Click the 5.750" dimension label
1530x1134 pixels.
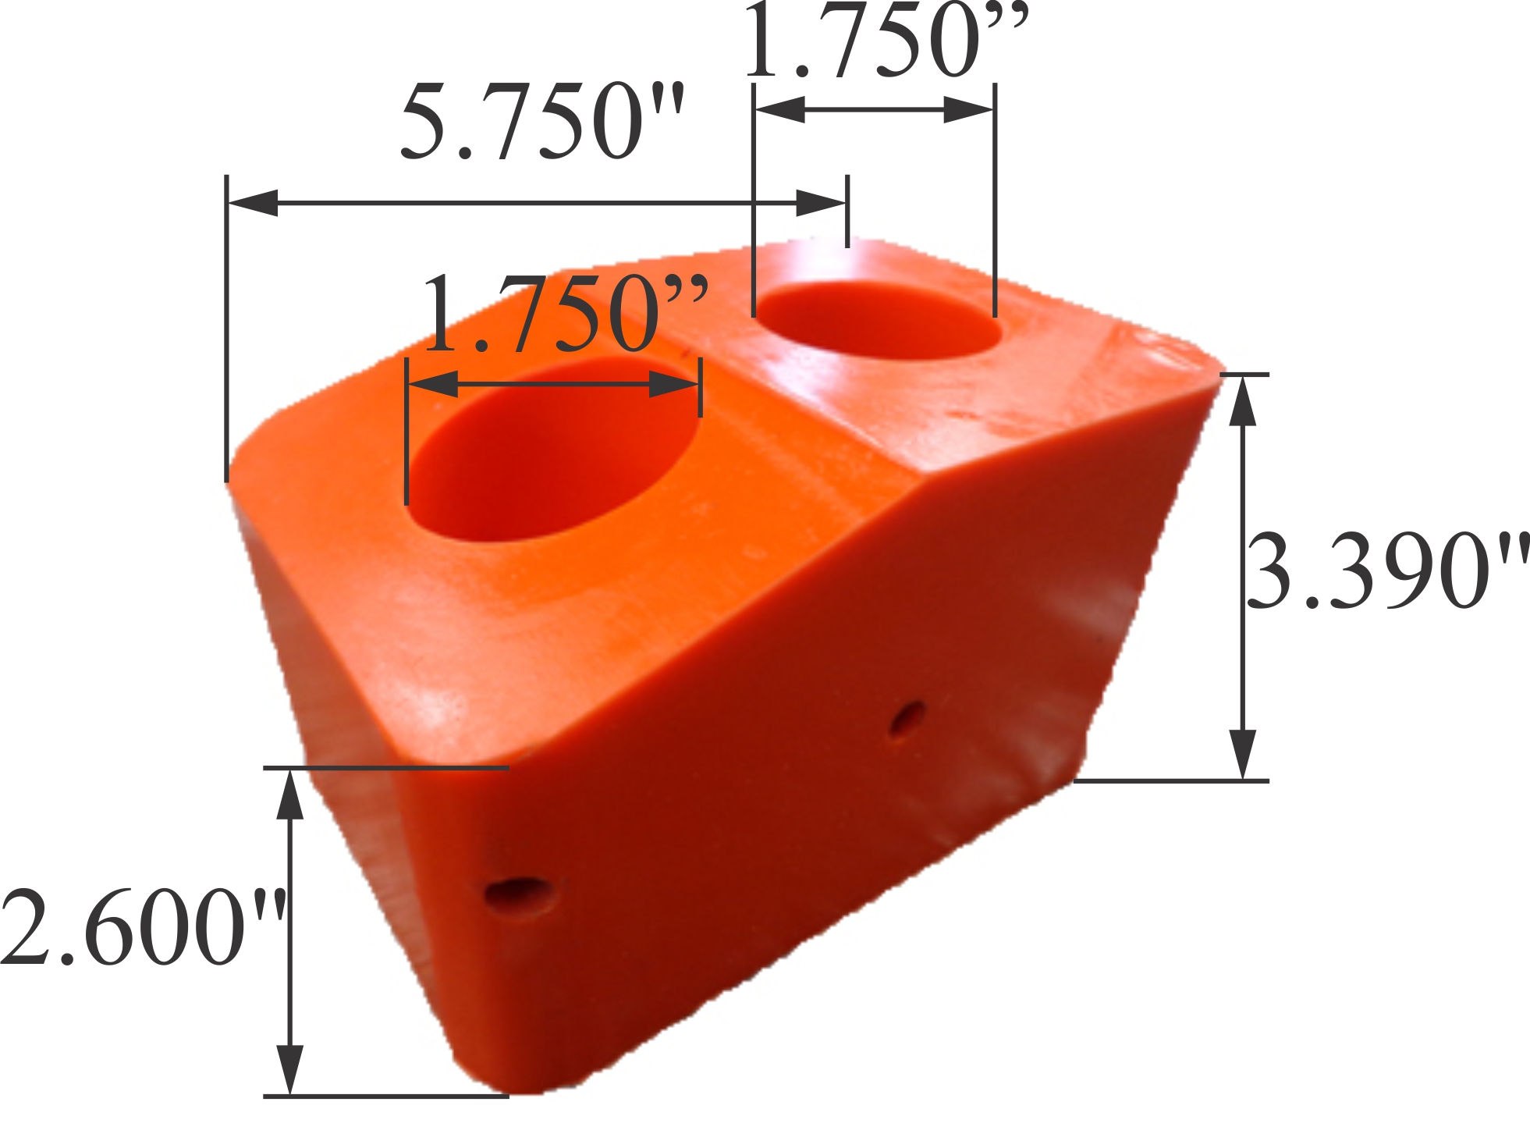(x=541, y=121)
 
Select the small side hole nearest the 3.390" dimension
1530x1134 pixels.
(x=906, y=719)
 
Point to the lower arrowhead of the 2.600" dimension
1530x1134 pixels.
(x=290, y=1069)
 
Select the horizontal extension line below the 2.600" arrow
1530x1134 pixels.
(x=386, y=1096)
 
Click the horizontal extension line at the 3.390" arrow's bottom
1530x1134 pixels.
(x=1170, y=780)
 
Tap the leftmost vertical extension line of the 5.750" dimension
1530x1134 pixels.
(x=226, y=328)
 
